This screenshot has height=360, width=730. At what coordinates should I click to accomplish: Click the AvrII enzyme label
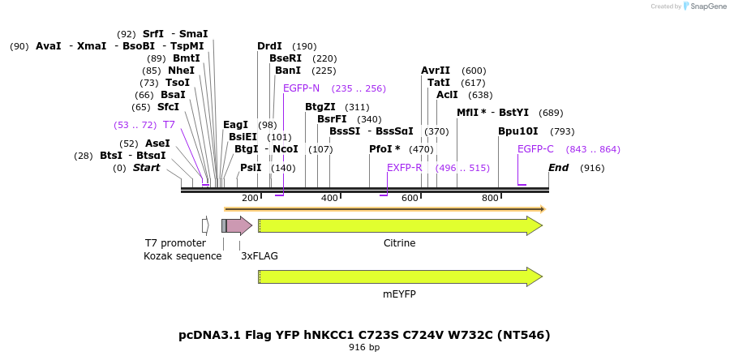(436, 71)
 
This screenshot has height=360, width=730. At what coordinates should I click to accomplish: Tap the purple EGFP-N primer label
(301, 88)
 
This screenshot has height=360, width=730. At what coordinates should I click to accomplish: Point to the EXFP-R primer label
(404, 168)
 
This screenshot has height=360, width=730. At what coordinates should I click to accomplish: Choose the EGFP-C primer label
(535, 149)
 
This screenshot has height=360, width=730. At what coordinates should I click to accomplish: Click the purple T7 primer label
(169, 125)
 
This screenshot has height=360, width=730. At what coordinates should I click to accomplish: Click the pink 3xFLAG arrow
(239, 225)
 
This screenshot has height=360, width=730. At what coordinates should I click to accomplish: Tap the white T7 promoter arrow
(205, 225)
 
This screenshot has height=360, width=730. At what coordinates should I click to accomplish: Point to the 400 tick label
(329, 199)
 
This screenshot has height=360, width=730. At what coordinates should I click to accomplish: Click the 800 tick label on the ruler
(490, 199)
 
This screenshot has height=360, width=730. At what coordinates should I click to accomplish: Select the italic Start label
(146, 168)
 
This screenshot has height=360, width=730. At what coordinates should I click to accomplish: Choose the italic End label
(558, 168)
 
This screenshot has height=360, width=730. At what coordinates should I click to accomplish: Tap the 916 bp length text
(364, 348)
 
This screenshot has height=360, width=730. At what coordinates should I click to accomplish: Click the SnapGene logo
(705, 6)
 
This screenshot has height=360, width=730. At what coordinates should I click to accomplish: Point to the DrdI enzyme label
(269, 46)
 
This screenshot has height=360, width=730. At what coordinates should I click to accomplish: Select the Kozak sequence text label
(182, 256)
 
